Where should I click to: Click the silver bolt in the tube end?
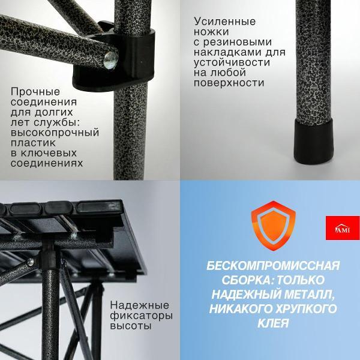(x=110, y=59)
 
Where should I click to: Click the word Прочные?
(x=35, y=92)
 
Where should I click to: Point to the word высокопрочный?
(x=54, y=133)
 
